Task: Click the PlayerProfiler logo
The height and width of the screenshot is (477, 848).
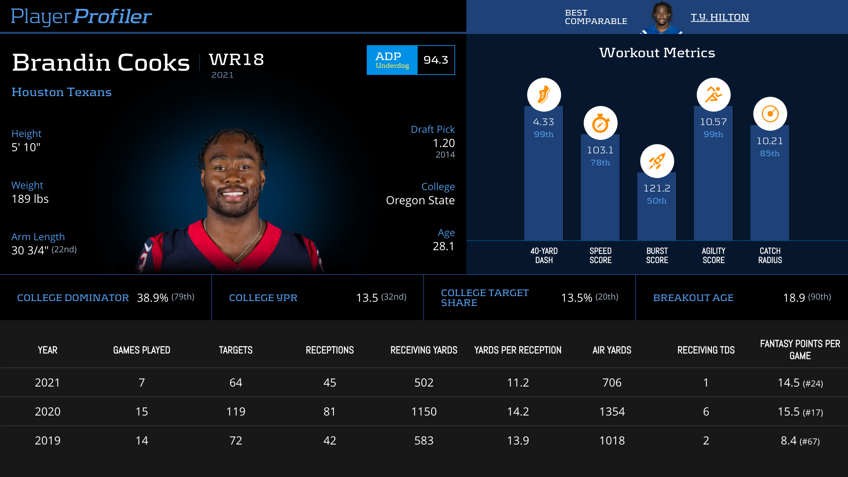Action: (81, 16)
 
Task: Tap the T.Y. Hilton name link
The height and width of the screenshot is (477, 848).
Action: (720, 17)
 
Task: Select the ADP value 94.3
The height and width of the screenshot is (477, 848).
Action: (436, 60)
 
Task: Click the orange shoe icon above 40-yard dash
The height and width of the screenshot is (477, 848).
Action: (544, 95)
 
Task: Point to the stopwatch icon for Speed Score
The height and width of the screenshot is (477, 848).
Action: (600, 123)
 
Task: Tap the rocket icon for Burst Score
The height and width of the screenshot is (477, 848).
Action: (657, 161)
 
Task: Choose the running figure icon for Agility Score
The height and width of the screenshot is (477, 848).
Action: (713, 95)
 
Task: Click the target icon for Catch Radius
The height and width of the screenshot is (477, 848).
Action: (770, 114)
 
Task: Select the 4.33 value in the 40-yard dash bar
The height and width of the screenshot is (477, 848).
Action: (543, 122)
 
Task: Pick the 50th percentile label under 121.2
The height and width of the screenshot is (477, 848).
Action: (656, 201)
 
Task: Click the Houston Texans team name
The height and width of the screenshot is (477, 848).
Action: (61, 92)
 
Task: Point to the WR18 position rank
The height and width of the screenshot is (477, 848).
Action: (236, 59)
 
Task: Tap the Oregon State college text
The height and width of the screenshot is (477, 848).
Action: (420, 200)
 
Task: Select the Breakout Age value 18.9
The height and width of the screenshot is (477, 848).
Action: (794, 298)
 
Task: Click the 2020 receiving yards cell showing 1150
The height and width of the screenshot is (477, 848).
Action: (424, 412)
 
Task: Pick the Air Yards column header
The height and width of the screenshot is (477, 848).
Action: (612, 350)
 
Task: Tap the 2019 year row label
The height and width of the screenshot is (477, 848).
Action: (48, 441)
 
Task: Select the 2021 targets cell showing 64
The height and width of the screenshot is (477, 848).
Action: (236, 383)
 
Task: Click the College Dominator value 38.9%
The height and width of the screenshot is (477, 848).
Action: (152, 298)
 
